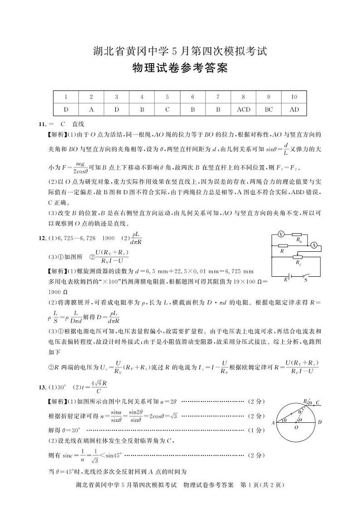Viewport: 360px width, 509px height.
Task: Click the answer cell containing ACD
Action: (243, 109)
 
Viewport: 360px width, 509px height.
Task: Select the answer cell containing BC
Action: (268, 109)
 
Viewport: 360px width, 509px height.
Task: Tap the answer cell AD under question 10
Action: (294, 109)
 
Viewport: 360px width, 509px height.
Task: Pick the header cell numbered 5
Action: (167, 97)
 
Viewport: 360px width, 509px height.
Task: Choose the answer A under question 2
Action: (91, 109)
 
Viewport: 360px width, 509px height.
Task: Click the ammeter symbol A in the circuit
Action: (314, 245)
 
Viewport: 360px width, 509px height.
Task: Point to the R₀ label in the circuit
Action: (298, 239)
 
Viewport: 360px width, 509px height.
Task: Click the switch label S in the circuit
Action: (305, 280)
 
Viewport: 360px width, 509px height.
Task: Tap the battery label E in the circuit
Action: (286, 280)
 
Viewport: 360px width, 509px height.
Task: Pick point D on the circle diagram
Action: (320, 422)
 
